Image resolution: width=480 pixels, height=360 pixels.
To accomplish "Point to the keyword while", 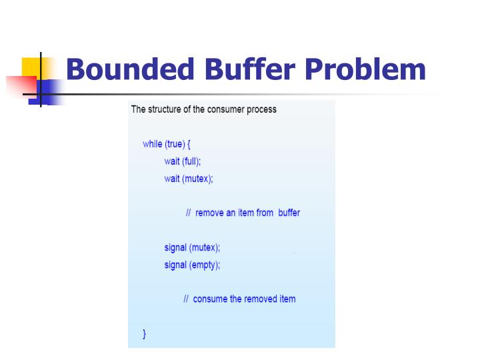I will click(153, 144).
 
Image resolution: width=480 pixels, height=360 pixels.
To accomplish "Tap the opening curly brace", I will click(190, 144).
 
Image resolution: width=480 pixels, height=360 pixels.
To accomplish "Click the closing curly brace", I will click(145, 333).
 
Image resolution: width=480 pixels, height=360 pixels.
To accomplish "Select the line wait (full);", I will click(182, 161).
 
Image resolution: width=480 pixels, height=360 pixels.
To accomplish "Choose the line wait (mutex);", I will click(189, 179).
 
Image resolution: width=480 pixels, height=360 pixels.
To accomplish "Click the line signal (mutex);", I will click(192, 247).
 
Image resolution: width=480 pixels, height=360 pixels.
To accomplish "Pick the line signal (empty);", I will click(192, 265).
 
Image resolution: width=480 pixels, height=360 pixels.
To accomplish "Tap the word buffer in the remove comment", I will click(289, 213).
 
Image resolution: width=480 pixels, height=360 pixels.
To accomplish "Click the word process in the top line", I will click(261, 109).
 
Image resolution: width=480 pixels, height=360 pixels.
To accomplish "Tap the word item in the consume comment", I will click(287, 299).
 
